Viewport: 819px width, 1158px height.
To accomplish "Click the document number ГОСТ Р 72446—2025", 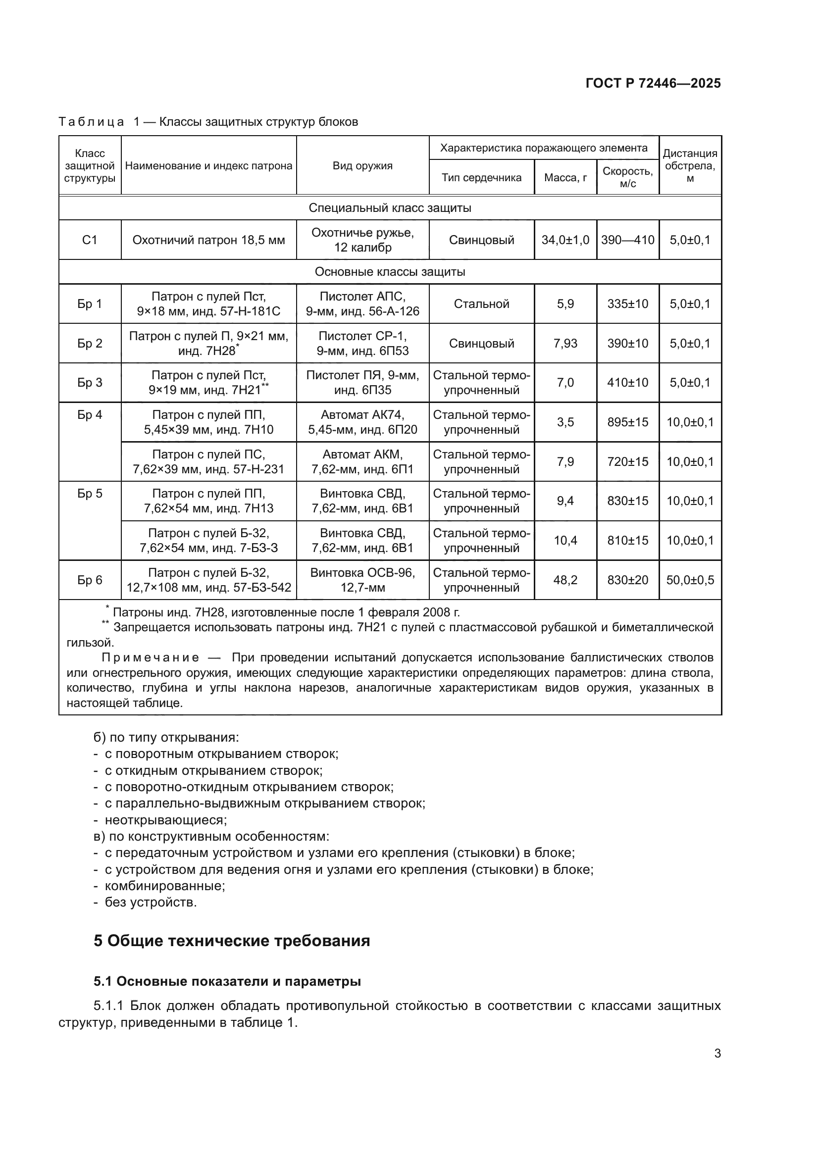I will [x=653, y=83].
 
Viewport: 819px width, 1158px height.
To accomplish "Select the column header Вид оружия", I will [x=362, y=166].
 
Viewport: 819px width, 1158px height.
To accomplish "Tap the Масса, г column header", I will [x=565, y=178].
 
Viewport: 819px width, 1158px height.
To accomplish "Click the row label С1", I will [x=90, y=240].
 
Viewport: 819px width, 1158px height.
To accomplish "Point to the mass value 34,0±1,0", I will [x=565, y=240].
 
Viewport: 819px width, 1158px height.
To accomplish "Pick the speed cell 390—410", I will [x=627, y=240].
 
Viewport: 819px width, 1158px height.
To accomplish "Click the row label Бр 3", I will [x=90, y=382].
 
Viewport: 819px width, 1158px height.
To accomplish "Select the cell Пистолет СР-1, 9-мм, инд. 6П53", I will [x=362, y=343].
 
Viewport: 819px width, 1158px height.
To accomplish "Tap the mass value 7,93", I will [x=565, y=343].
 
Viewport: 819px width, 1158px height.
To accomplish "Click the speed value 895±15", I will [x=627, y=422].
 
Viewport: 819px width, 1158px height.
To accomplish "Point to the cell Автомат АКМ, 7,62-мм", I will [x=362, y=461].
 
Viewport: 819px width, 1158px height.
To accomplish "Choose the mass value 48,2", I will [x=565, y=580].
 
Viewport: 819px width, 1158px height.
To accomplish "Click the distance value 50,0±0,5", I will [x=690, y=580].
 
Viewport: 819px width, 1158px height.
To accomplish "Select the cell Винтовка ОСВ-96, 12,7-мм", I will [x=362, y=580].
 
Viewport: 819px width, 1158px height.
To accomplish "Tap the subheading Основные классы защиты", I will [x=390, y=272].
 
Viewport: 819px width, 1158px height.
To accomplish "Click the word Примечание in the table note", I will [x=151, y=657].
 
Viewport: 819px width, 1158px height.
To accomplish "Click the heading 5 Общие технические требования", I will [x=231, y=941].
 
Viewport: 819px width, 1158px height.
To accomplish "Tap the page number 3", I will [x=717, y=1054].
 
